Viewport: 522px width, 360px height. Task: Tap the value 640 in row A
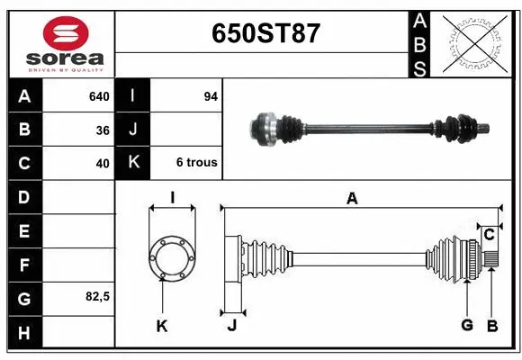[98, 96]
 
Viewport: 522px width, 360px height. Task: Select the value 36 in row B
[103, 130]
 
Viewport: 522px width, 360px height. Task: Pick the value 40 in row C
[103, 164]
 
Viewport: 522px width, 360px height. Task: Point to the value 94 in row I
[211, 96]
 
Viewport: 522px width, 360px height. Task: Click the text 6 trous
[196, 163]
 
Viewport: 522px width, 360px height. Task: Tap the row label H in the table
[23, 334]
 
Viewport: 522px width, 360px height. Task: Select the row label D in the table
[23, 197]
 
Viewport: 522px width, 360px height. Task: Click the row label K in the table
[133, 163]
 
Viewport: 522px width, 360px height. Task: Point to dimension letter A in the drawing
[352, 199]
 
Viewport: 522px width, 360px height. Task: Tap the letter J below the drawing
[231, 326]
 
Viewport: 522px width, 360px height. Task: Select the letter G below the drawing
[466, 325]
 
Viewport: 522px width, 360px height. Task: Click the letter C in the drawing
[489, 235]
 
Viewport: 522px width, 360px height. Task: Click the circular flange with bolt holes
[171, 256]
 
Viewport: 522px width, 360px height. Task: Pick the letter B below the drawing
[491, 325]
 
